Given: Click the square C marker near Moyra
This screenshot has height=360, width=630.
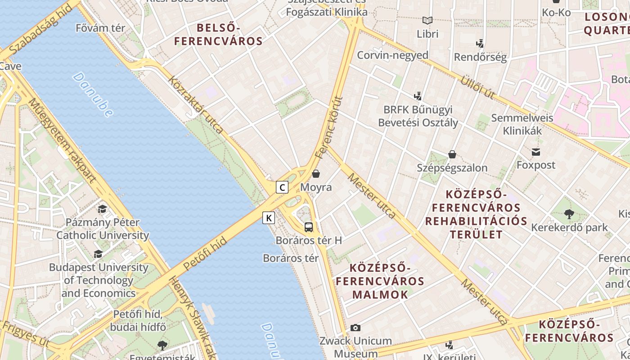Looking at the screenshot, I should pos(282,187).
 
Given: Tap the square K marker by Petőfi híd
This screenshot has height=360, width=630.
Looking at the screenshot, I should pos(269,218).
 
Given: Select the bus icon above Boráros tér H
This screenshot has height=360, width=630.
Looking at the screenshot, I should pos(309,227).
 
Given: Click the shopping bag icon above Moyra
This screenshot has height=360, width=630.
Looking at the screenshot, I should pos(316,174).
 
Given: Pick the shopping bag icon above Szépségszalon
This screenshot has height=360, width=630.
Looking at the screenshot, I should pos(452,155).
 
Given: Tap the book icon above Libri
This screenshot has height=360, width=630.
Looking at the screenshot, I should pos(427,21).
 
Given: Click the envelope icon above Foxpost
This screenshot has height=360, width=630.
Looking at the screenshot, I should pos(535,152).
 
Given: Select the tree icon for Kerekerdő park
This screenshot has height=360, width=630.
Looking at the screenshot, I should pos(569,214).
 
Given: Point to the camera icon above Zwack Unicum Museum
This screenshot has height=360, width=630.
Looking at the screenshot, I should pos(355,328).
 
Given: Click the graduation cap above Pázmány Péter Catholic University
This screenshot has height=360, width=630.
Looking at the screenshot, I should pos(103,209).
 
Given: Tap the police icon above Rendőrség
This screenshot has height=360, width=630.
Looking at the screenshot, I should pos(480,44).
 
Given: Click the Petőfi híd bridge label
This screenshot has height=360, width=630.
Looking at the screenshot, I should pos(205,255).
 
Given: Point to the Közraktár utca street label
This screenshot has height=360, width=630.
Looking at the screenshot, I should pos(196,105).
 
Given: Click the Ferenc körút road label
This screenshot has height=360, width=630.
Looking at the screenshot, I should pos(329,128).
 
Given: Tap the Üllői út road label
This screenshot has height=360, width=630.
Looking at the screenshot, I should pos(477,87).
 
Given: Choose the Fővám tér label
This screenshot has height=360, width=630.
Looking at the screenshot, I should pos(100,28).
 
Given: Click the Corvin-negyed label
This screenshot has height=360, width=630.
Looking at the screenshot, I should pos(392,55).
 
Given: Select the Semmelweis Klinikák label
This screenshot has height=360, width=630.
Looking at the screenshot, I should pos(522,125).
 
